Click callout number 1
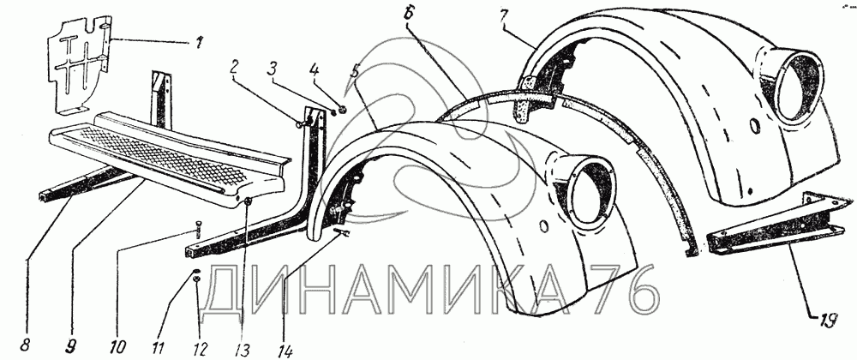coord(201,40)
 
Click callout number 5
coord(352,73)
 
